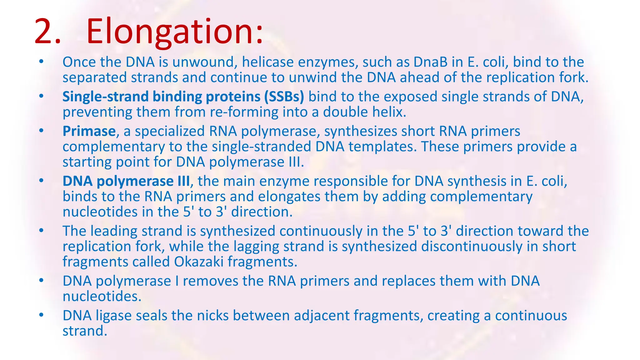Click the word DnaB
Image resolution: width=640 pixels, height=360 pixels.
click(x=430, y=62)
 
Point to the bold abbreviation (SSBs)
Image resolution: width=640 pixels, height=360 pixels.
click(x=284, y=97)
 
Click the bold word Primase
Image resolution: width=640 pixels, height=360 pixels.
click(x=89, y=131)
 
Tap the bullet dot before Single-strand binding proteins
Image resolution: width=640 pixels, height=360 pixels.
click(x=41, y=96)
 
